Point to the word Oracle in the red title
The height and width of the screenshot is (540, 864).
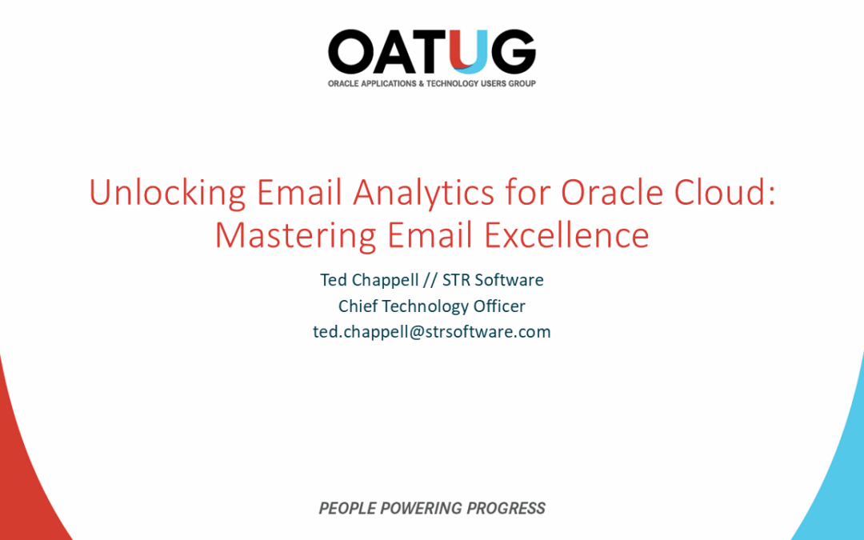603,194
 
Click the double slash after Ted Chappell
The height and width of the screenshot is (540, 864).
427,280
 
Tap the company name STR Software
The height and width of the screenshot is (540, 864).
493,280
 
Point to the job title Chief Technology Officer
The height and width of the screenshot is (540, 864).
432,306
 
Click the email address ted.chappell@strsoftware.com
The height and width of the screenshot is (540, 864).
432,331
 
